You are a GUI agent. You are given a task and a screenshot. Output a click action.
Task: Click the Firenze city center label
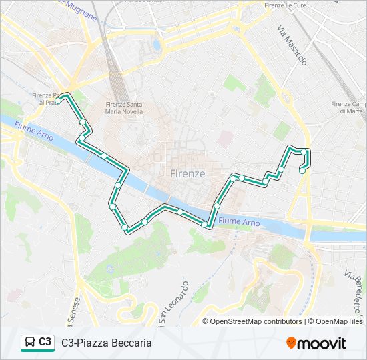[x=188, y=173]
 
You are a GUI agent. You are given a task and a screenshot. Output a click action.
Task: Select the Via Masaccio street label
[x=292, y=45]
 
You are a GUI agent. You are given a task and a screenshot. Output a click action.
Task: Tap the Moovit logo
[x=316, y=343]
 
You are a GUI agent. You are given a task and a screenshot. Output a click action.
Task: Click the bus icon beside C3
[x=29, y=343]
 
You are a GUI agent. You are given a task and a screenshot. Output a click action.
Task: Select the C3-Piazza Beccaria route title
[x=107, y=343]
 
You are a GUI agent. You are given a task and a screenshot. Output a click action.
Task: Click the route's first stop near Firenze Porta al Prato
[x=59, y=101]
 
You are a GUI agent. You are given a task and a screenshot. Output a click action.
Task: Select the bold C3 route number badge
[x=45, y=342]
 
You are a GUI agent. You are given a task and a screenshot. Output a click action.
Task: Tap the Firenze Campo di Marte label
[x=349, y=107]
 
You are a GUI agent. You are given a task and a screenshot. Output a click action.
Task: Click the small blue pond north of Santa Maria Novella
[x=157, y=46]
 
